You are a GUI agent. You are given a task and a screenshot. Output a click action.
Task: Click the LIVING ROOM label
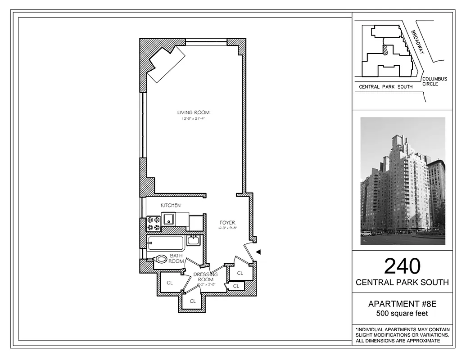point(193,112)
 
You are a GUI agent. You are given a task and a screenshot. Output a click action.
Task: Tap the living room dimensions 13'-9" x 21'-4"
point(193,119)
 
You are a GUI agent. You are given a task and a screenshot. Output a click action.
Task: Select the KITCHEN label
point(171,205)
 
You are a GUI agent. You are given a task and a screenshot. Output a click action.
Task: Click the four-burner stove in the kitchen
point(154,224)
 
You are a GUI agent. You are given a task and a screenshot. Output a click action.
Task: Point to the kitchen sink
point(168,219)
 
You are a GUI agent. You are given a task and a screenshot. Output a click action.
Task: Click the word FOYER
point(227,223)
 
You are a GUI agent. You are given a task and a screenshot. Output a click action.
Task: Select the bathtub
point(165,243)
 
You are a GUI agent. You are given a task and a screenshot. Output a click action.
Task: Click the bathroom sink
point(194,240)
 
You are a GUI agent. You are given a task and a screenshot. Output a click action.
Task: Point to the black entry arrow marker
point(258,252)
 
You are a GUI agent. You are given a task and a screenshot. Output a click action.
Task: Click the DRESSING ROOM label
point(205,277)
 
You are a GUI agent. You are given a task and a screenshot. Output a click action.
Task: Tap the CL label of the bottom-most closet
point(193,301)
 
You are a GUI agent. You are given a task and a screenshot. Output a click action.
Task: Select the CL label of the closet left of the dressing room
point(170,283)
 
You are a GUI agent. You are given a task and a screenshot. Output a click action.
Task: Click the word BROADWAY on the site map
point(418,42)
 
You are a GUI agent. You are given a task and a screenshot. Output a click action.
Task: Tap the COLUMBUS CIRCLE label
point(434,81)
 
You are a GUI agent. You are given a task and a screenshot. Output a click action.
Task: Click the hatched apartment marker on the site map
point(385,50)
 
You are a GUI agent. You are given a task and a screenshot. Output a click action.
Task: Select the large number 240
point(402,266)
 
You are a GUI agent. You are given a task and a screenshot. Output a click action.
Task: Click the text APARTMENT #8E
point(402,304)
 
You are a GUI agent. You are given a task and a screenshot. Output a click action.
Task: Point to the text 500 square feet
point(402,314)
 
